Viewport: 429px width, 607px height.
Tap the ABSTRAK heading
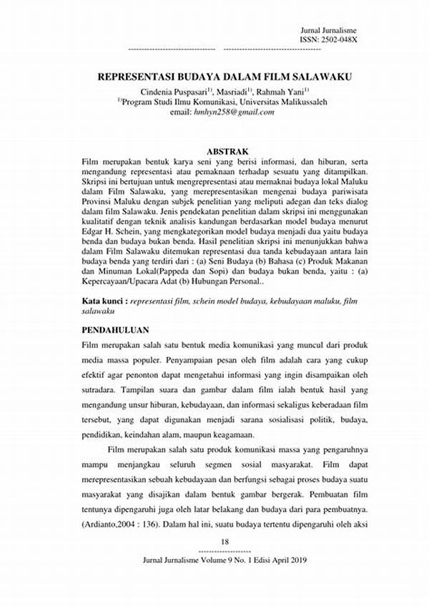[227, 152]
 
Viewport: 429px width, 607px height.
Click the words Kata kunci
[106, 302]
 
